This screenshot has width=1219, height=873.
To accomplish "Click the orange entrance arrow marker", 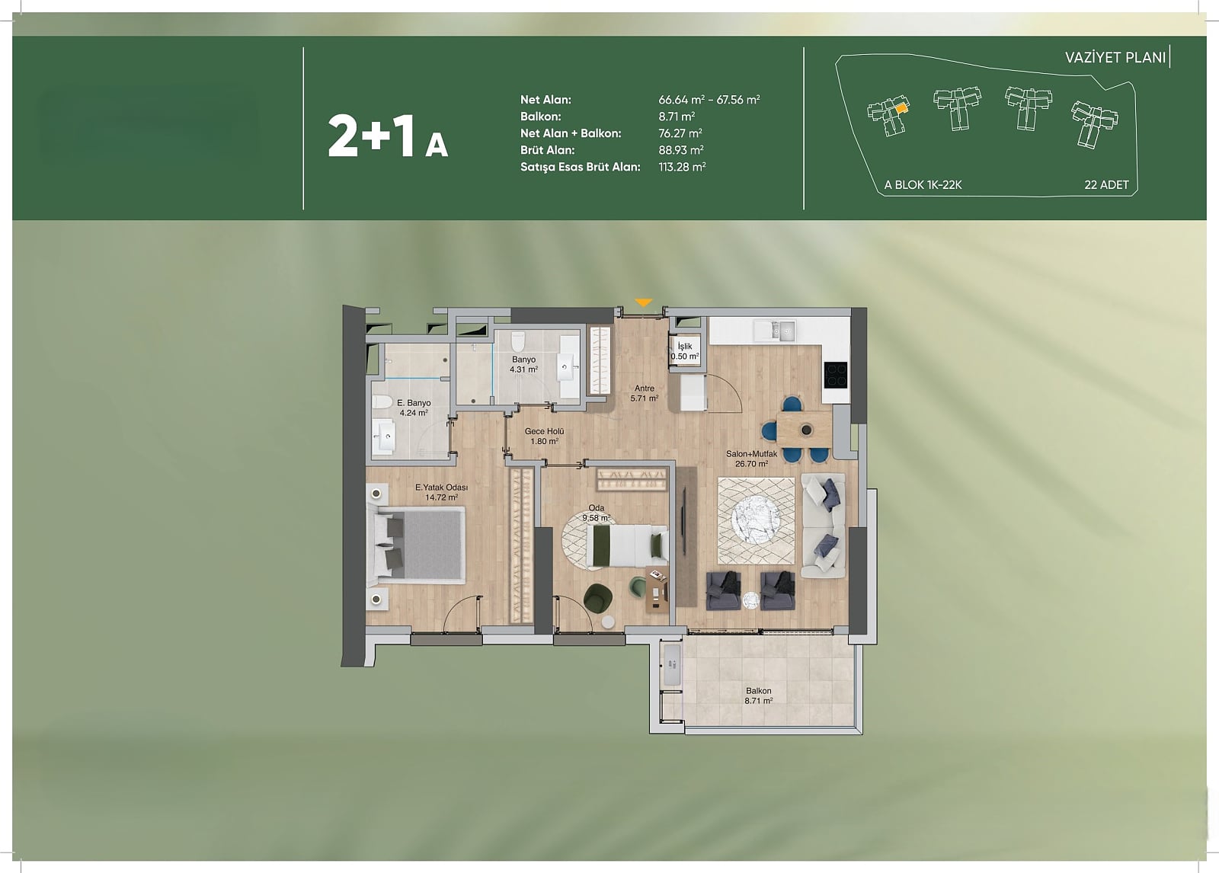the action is tap(643, 302).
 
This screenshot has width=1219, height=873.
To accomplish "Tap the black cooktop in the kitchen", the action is tap(835, 375).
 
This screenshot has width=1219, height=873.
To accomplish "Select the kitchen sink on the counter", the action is tap(774, 330).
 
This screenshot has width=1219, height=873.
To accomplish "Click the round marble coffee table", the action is tap(755, 520).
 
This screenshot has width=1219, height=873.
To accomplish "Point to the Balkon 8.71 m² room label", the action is tap(759, 696).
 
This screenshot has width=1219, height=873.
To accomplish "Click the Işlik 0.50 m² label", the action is tap(685, 351).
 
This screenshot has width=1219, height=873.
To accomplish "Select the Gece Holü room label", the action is tap(544, 431).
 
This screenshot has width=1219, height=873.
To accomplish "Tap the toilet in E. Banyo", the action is tap(382, 401).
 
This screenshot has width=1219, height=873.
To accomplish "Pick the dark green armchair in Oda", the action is tap(597, 599).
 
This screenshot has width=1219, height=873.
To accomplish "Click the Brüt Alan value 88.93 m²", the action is tap(681, 149).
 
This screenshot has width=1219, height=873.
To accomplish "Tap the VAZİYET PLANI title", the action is tap(1115, 58).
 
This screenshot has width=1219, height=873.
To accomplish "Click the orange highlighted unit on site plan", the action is tap(901, 108).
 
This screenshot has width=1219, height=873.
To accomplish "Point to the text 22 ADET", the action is tap(1106, 184).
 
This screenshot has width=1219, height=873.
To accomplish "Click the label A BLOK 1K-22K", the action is tap(923, 184).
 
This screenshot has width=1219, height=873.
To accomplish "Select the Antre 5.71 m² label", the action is tap(645, 393).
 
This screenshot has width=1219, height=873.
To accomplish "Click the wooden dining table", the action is tap(805, 430).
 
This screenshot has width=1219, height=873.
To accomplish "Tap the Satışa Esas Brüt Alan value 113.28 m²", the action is tap(682, 167).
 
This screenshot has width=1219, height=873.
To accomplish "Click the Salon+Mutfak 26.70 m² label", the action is tap(751, 459).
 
